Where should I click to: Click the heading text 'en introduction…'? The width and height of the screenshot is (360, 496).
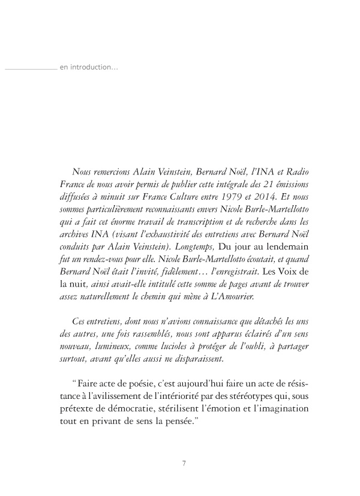[89, 67]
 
